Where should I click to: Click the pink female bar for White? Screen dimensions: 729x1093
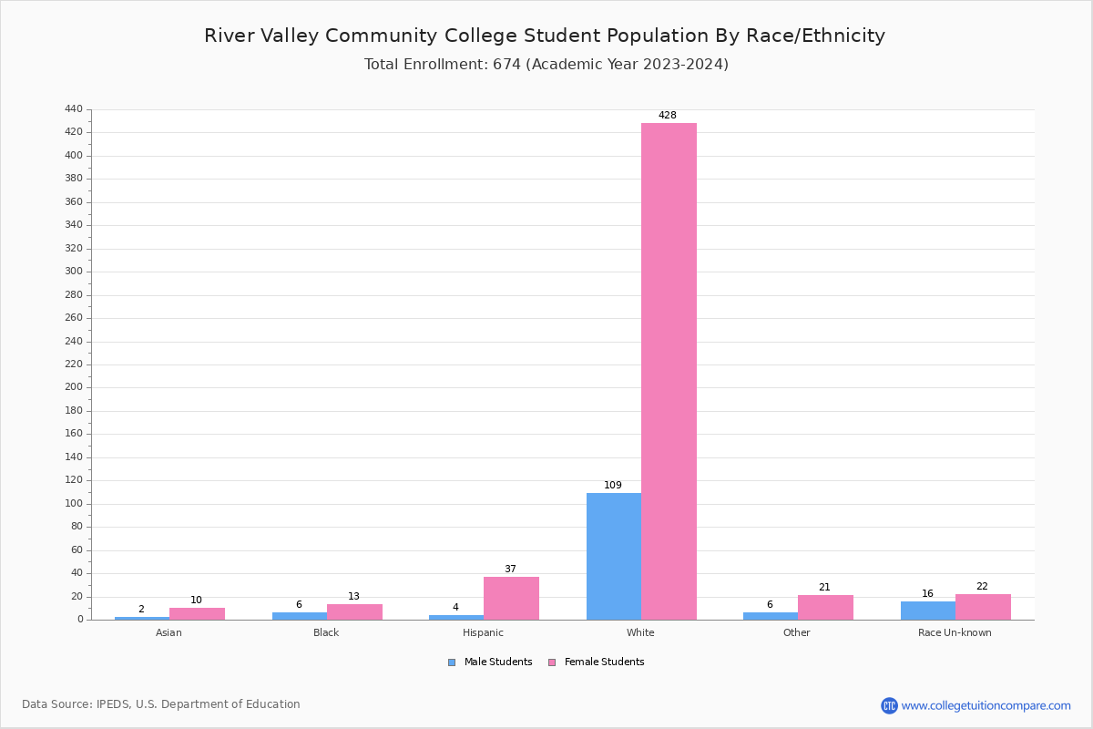(x=669, y=371)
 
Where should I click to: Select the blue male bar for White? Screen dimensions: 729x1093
(x=614, y=556)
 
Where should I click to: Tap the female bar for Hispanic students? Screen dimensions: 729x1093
(x=511, y=598)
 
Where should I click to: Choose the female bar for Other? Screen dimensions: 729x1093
(x=825, y=607)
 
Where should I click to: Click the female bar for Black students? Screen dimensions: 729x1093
(x=354, y=611)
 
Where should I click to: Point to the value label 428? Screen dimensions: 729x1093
(x=668, y=116)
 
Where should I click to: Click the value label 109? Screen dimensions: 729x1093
(x=613, y=486)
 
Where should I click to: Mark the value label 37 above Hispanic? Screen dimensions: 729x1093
(x=510, y=570)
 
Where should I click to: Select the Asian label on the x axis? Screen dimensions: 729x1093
(x=169, y=632)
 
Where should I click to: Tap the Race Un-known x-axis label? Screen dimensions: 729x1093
(x=955, y=632)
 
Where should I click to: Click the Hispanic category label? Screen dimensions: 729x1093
(x=483, y=632)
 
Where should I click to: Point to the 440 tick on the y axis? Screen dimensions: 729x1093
(x=74, y=109)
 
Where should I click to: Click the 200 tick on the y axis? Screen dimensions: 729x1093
(x=74, y=387)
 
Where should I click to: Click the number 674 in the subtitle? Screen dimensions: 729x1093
(x=506, y=65)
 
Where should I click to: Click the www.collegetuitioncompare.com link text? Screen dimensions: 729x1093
(x=986, y=705)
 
